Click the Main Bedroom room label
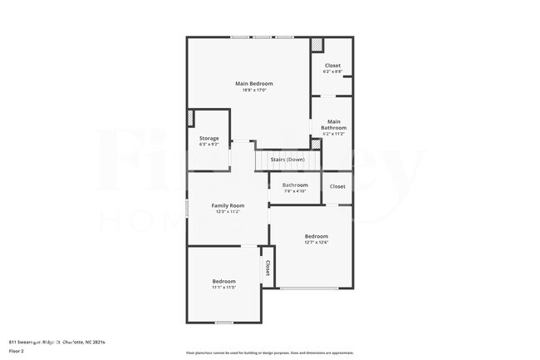point(254,84)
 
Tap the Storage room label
point(209,138)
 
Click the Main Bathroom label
point(332,125)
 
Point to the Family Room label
point(228,205)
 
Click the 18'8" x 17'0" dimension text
point(254,91)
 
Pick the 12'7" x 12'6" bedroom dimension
point(316,243)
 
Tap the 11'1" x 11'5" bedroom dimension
point(224,288)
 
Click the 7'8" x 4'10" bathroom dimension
point(295,191)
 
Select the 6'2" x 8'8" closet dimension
point(332,72)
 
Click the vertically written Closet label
point(268,268)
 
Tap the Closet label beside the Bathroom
point(337,186)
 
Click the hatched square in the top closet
point(317,44)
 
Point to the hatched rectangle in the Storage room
point(191,118)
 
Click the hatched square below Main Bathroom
point(316,145)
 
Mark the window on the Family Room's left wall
point(187,208)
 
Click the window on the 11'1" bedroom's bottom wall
point(223,322)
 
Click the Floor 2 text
point(17,352)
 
